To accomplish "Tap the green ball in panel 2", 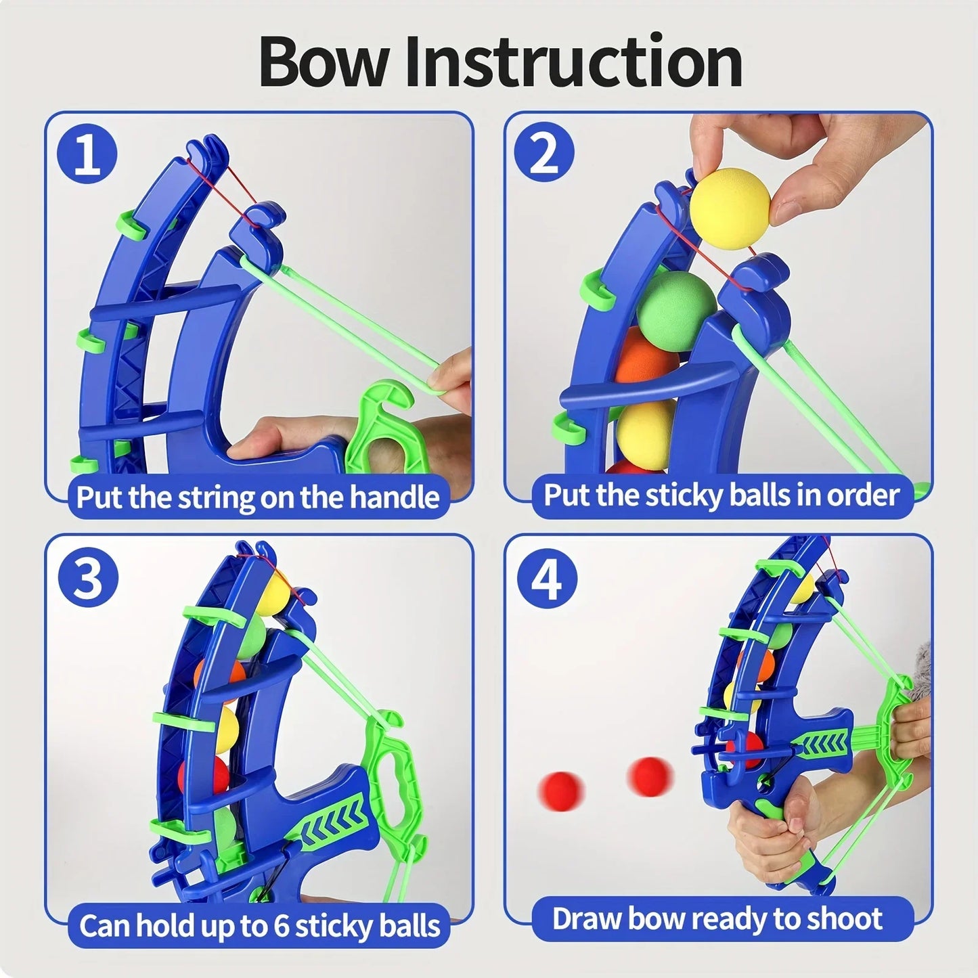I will pyautogui.click(x=675, y=303).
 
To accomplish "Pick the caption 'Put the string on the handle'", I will pyautogui.click(x=258, y=497).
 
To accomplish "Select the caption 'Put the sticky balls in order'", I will pyautogui.click(x=721, y=495).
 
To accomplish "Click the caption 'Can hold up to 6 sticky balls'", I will pyautogui.click(x=259, y=925).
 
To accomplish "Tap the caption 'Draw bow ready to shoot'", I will pyautogui.click(x=717, y=918).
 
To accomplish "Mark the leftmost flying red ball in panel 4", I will pyautogui.click(x=561, y=789).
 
